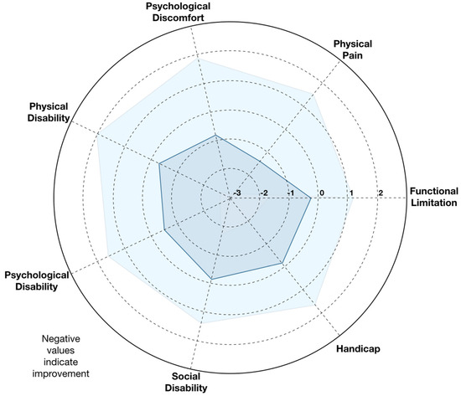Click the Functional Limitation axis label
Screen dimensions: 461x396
point(434,197)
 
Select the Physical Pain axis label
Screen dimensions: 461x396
point(353,49)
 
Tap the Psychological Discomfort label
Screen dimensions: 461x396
point(179,12)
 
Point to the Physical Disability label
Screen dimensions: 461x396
point(49,112)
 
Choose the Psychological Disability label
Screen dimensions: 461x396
point(37,280)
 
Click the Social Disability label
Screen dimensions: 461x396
point(186,382)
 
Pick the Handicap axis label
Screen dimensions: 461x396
point(358,349)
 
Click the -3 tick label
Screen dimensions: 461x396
point(237,193)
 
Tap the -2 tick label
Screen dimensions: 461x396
point(264,193)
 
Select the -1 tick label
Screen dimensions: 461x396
point(291,193)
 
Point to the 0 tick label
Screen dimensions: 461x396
point(322,193)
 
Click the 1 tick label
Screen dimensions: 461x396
point(351,193)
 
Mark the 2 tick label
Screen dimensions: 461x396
point(381,193)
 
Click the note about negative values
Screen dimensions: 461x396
point(61,356)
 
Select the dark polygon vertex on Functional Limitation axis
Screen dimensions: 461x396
point(311,198)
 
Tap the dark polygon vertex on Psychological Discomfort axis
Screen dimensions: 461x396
point(215,135)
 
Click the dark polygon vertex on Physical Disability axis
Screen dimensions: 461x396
point(159,163)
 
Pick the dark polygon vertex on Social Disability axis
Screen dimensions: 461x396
point(212,279)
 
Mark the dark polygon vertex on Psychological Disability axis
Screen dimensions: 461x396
point(164,229)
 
